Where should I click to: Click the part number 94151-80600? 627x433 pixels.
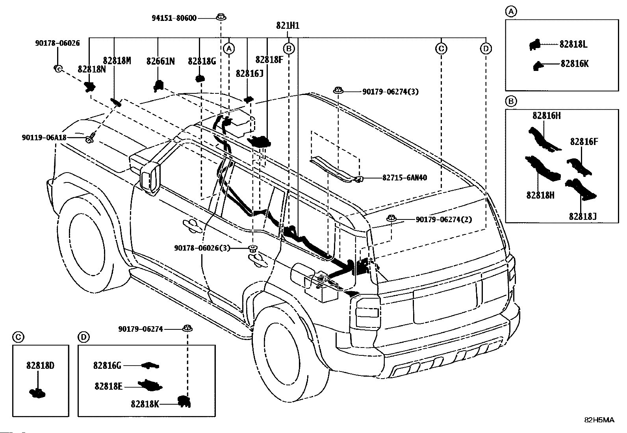[174, 18]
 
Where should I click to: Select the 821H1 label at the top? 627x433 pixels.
[288, 26]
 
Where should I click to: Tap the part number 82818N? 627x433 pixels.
[92, 69]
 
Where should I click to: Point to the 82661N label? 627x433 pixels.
[160, 61]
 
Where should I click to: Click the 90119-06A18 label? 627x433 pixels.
[44, 138]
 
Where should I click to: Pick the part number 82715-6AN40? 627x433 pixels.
[404, 178]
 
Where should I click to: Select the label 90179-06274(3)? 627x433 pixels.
[390, 92]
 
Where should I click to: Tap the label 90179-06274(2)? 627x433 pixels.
[444, 219]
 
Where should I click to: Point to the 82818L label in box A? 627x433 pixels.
[573, 44]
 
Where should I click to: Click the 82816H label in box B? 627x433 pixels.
[547, 115]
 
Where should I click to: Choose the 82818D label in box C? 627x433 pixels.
[41, 366]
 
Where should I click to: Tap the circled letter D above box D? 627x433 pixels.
[83, 337]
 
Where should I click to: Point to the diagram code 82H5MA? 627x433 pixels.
[599, 420]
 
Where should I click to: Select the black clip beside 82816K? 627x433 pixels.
[537, 66]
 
